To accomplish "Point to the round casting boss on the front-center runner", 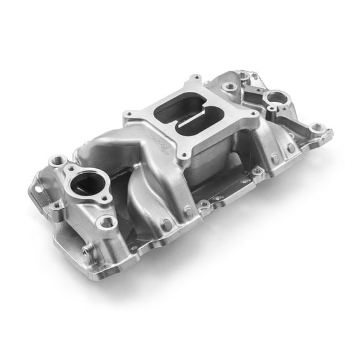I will [x=167, y=224].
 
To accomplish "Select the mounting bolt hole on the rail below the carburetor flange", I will [x=204, y=204].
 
